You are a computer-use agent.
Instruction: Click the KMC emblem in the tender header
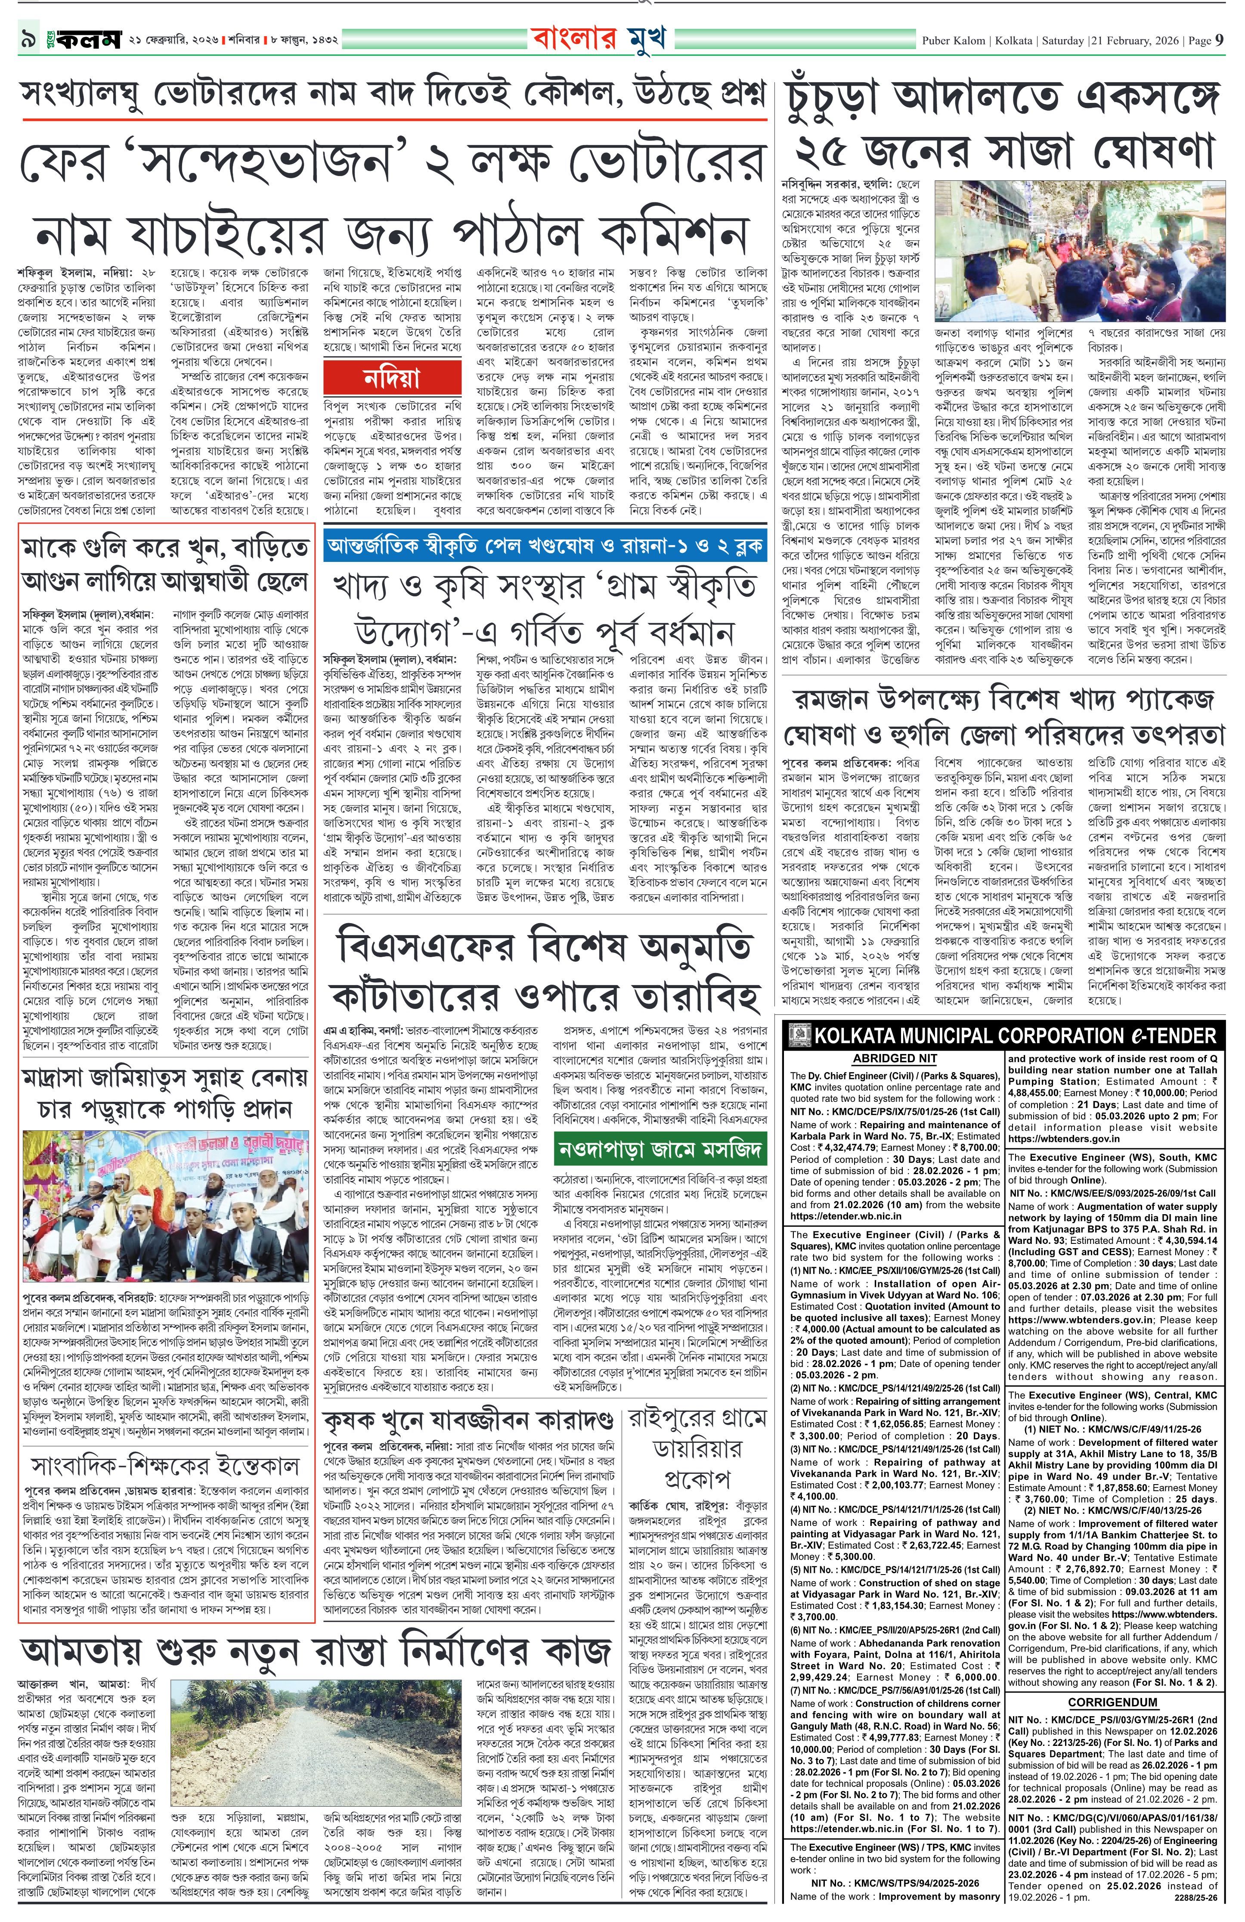pos(796,1036)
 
